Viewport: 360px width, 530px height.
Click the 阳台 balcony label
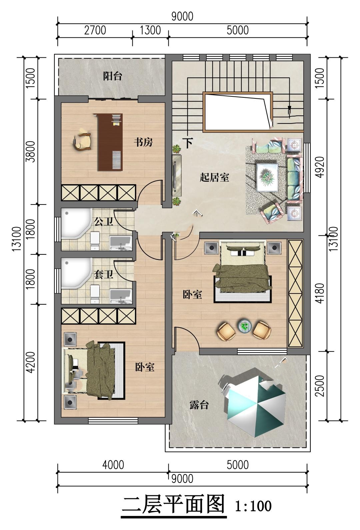pyautogui.click(x=113, y=76)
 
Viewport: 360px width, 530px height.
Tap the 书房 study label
pyautogui.click(x=143, y=142)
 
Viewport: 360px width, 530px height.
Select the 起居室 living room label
pyautogui.click(x=214, y=177)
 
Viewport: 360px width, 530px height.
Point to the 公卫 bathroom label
pyautogui.click(x=103, y=222)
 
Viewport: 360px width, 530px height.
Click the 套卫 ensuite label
pyautogui.click(x=103, y=275)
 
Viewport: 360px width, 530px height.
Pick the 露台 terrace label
pyautogui.click(x=199, y=405)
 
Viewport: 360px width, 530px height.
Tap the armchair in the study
pyautogui.click(x=82, y=141)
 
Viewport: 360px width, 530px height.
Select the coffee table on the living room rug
pyautogui.click(x=267, y=177)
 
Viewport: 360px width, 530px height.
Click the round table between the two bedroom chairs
pyautogui.click(x=244, y=326)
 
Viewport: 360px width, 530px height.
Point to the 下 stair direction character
pyautogui.click(x=188, y=143)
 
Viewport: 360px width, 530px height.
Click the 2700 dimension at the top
pyautogui.click(x=95, y=30)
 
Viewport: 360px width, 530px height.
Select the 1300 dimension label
pyautogui.click(x=150, y=30)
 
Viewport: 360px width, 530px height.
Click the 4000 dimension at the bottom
pyautogui.click(x=113, y=465)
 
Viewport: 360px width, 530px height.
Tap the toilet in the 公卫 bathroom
pyautogui.click(x=95, y=241)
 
